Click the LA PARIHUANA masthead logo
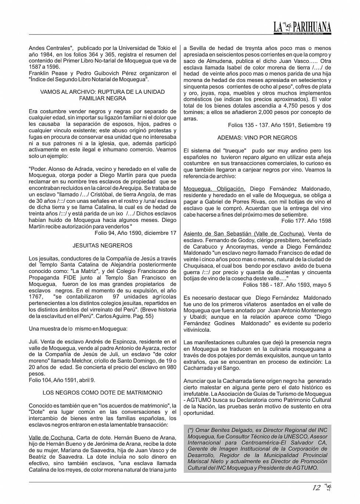coord(302,27)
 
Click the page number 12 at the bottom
coord(316,488)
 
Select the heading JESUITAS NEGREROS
coord(102,245)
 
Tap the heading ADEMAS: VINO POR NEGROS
coord(257,138)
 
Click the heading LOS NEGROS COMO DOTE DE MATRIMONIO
coord(102,393)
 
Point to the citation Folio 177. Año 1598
coord(306,221)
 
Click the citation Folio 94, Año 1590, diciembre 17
coord(135,233)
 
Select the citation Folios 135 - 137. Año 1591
coord(279,125)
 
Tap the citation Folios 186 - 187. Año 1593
coord(287,285)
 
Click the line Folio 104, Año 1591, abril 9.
coord(62,380)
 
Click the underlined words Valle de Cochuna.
coord(51,438)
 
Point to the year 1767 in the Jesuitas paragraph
coord(36,297)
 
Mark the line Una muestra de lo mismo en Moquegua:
coord(78,328)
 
